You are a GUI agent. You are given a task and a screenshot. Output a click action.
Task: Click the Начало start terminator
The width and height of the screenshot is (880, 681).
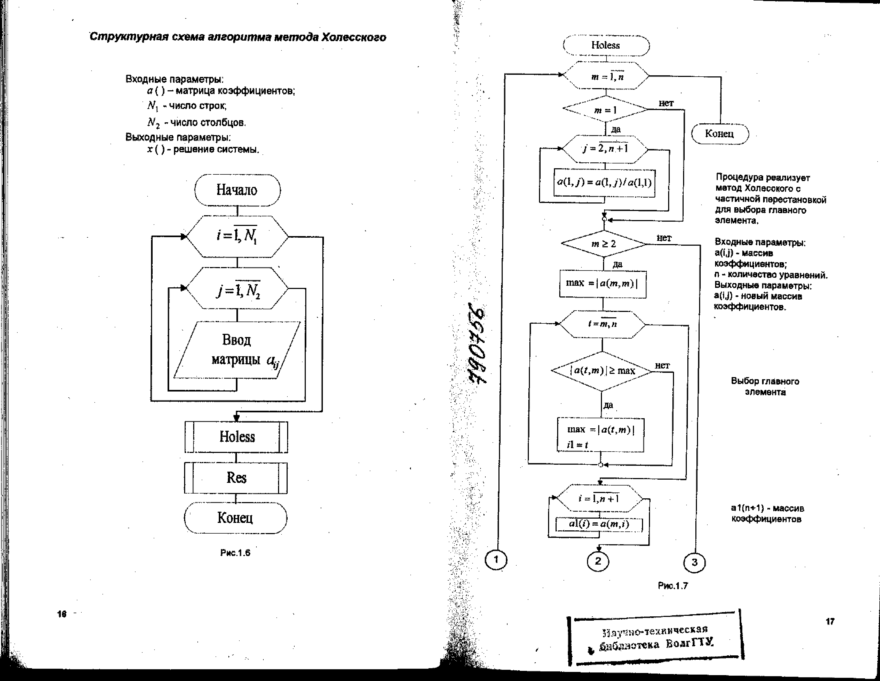(237, 190)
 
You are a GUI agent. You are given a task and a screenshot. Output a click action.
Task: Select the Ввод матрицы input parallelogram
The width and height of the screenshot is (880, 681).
(237, 350)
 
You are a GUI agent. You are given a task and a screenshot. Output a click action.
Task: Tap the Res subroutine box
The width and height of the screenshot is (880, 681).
(236, 478)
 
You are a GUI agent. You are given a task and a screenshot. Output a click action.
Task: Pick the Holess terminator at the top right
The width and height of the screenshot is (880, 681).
(606, 45)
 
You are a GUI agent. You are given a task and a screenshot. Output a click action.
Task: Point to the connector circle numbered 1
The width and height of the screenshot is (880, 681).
(496, 560)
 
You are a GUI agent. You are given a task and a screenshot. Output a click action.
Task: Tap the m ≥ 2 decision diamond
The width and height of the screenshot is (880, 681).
(603, 244)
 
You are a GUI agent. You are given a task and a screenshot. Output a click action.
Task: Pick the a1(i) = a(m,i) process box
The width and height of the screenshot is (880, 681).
(599, 524)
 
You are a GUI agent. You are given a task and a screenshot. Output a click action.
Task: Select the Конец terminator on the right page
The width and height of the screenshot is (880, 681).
(720, 134)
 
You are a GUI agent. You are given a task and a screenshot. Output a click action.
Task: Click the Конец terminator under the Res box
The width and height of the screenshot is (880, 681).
(236, 518)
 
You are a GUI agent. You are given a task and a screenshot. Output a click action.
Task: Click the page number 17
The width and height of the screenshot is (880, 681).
(830, 621)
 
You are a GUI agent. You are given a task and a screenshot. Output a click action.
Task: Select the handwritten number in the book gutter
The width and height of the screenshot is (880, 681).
(477, 343)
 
